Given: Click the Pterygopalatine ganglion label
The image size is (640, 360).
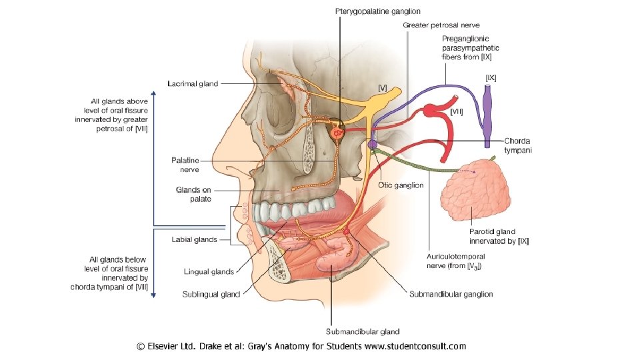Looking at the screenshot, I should [377, 11].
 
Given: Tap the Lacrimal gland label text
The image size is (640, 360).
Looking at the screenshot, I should [193, 84].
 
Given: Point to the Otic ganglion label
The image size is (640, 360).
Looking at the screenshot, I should [401, 185].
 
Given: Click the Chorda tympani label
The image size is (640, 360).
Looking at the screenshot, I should [518, 145].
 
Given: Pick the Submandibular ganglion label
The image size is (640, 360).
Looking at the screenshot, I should [451, 294].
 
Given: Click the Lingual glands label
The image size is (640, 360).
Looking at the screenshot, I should [209, 271].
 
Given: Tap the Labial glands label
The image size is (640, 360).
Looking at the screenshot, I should [194, 239].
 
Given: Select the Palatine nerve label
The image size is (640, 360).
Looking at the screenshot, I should [185, 165].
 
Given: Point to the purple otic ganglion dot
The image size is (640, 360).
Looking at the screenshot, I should [373, 143].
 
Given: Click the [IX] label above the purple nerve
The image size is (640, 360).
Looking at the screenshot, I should [491, 78].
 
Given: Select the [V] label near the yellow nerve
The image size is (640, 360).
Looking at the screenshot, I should [383, 87].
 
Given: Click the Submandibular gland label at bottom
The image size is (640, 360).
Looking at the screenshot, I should [363, 331].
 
